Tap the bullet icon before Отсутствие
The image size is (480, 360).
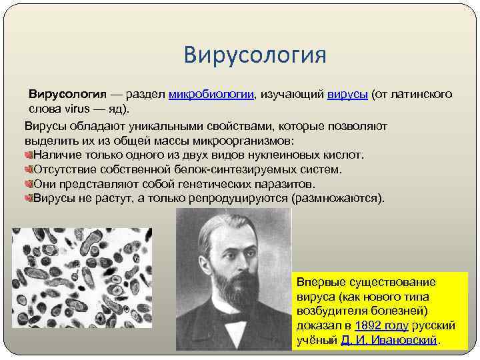29,169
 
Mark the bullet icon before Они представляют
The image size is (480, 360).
29,183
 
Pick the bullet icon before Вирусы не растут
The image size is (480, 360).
29,198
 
